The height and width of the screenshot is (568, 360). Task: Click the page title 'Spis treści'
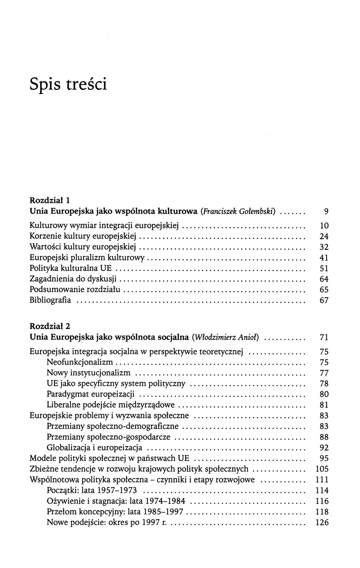coord(68,84)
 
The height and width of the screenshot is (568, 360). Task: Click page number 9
coord(326,211)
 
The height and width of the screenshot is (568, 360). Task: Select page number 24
coord(324,236)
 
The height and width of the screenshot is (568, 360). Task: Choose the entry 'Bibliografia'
coord(50,300)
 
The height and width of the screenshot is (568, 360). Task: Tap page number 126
coord(322,522)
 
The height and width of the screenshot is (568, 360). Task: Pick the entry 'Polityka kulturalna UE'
coord(71,268)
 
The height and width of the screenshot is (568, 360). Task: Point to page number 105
coord(322,469)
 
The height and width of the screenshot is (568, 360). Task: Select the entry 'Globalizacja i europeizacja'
coord(94,448)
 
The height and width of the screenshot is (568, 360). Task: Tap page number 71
coord(324,337)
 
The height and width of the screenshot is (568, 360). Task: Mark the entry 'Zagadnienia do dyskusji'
coord(73,279)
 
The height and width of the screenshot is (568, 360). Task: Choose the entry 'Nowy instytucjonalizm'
coord(88,373)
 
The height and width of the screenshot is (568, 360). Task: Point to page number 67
coord(324,300)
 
